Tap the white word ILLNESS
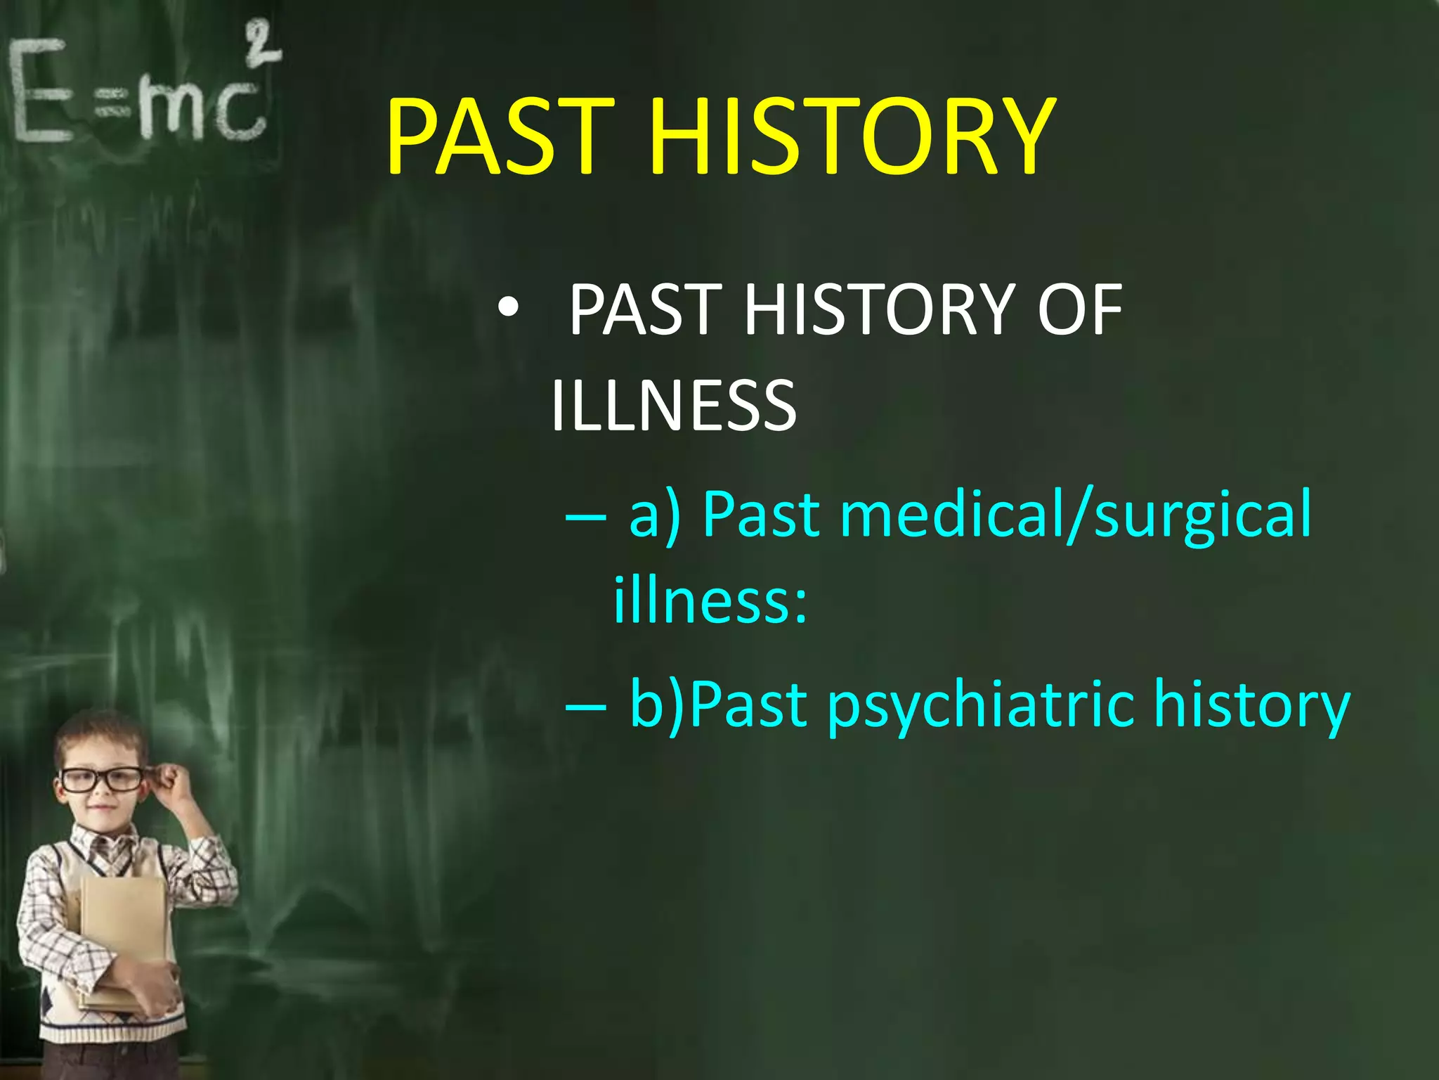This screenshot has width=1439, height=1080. click(673, 406)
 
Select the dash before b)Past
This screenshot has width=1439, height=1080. click(585, 706)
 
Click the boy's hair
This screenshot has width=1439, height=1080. click(98, 735)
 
